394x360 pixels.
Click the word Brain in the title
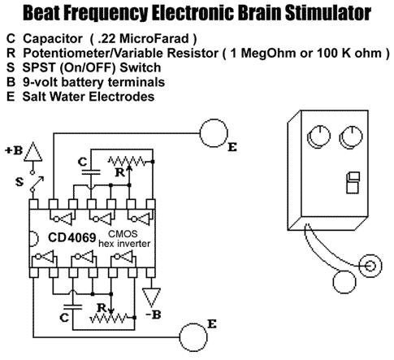click(253, 12)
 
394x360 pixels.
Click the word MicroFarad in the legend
click(154, 38)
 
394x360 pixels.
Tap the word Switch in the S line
click(141, 67)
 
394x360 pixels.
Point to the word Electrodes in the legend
click(122, 97)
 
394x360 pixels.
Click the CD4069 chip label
click(72, 237)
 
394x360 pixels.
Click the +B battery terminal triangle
click(33, 152)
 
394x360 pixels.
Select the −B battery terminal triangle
click(151, 297)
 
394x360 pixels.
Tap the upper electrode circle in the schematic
click(214, 133)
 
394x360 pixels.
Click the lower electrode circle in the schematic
click(193, 337)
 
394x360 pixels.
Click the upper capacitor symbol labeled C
click(91, 172)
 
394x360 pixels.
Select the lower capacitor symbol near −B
click(72, 307)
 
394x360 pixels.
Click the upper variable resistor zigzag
click(127, 162)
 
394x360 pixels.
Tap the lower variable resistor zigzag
click(108, 318)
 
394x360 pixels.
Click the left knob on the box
click(318, 137)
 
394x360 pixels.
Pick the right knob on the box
click(351, 137)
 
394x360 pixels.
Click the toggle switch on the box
click(353, 183)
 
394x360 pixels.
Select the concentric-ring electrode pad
click(370, 266)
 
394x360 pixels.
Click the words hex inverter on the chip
click(124, 244)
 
